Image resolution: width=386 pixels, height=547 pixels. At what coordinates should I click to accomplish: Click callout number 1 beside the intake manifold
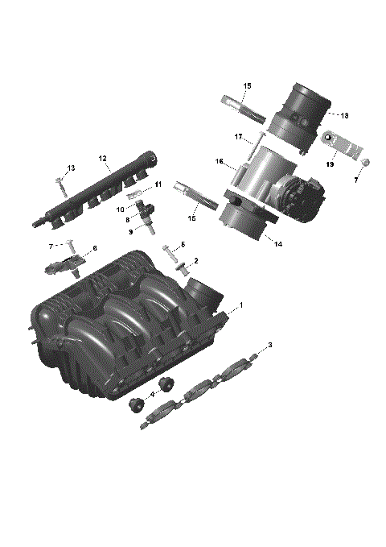click(x=240, y=306)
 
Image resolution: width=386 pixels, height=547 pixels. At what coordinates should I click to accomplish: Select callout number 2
click(x=195, y=261)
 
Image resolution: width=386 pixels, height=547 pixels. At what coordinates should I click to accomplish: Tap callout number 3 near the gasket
click(x=269, y=345)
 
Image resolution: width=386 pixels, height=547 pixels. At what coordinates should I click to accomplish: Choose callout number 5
click(x=183, y=244)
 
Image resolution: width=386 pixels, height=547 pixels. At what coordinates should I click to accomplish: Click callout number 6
click(x=95, y=248)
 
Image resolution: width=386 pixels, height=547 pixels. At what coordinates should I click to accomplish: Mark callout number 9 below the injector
click(x=131, y=231)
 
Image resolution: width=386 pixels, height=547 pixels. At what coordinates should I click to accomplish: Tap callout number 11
click(x=158, y=184)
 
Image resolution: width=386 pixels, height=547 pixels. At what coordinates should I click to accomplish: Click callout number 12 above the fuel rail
click(x=103, y=158)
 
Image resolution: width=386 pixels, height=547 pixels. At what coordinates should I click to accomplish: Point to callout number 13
click(x=71, y=168)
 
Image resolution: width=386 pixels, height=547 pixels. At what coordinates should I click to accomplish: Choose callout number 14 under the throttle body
click(x=278, y=243)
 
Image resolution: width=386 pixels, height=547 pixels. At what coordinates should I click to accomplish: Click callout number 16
click(x=219, y=162)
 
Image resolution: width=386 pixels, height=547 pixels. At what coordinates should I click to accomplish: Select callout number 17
click(x=238, y=138)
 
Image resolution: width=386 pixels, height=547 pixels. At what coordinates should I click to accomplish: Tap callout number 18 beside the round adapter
click(x=344, y=115)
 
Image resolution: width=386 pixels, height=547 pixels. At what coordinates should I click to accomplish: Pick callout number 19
click(x=330, y=164)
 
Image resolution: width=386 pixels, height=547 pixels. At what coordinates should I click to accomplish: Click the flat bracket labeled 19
click(x=343, y=146)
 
